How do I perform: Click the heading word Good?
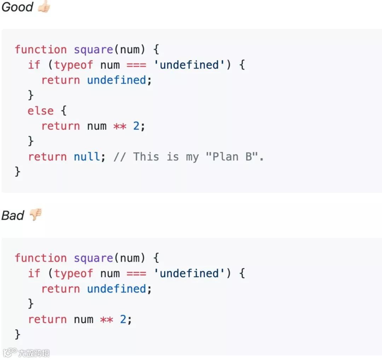17,7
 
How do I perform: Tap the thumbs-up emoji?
44,7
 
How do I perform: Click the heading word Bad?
13,215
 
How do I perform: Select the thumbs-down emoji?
35,214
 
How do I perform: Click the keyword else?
40,111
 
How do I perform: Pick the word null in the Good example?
87,157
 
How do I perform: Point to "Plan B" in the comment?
232,157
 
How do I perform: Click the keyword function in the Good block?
40,49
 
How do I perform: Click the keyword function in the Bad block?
40,258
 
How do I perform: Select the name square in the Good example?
93,49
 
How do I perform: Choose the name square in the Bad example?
93,258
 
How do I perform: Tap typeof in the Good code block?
74,65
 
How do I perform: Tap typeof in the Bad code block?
74,273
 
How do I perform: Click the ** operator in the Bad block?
106,319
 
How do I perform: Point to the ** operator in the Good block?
120,126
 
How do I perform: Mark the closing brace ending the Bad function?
17,334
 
